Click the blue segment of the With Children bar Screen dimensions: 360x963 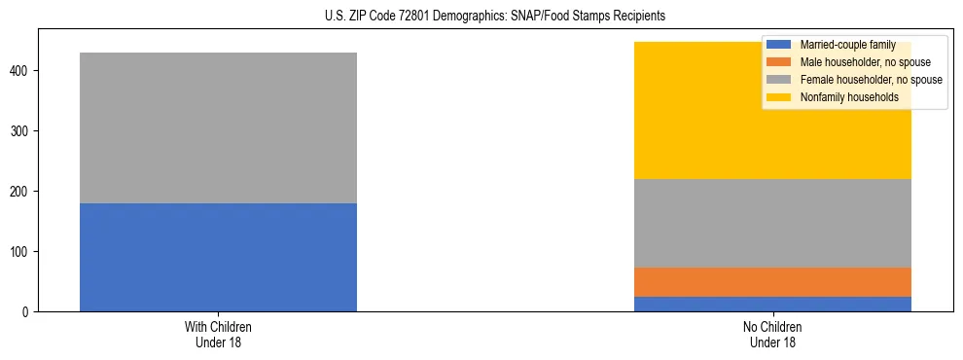tap(218, 257)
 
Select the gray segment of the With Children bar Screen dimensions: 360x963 tap(218, 127)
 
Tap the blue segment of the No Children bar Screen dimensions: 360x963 tap(772, 304)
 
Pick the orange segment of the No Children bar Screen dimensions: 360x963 tap(772, 281)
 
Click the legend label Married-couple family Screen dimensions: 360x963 tap(847, 45)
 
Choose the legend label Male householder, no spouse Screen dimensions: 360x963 tap(865, 62)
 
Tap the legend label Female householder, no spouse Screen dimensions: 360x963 tap(871, 80)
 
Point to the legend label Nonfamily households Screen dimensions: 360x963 tap(848, 97)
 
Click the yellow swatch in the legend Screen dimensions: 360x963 tap(779, 97)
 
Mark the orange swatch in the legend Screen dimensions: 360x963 tap(779, 62)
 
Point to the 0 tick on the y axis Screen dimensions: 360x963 tap(28, 312)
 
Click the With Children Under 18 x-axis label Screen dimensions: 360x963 tap(218, 335)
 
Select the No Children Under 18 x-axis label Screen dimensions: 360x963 tap(772, 335)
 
